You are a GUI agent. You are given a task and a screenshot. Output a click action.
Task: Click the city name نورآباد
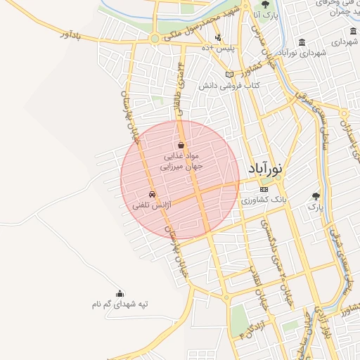coord(265,169)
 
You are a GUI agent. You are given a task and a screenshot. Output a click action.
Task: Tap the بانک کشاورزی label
coord(264,200)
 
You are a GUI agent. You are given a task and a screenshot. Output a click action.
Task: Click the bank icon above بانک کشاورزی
coord(264,189)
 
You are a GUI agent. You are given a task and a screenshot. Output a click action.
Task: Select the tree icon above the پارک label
coord(315,196)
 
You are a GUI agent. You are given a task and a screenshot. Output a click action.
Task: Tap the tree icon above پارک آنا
coord(265,5)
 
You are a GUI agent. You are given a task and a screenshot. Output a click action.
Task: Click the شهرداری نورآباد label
coord(302,53)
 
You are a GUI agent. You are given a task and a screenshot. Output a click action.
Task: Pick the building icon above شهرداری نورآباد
coord(302,42)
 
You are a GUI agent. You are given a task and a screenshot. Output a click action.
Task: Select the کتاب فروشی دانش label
coord(229,86)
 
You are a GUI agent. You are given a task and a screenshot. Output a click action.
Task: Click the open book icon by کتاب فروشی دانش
coord(229,75)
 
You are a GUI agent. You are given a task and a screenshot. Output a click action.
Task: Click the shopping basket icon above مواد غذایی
coord(181,145)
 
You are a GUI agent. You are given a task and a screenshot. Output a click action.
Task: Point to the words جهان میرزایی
coord(181,167)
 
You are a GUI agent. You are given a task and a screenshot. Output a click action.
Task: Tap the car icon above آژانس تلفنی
coord(152,195)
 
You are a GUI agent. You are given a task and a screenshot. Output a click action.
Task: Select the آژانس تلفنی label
coord(152,206)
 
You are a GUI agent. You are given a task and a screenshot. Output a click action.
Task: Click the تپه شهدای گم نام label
coord(120,304)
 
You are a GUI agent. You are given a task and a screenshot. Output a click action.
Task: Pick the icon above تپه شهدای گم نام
coord(120,293)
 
